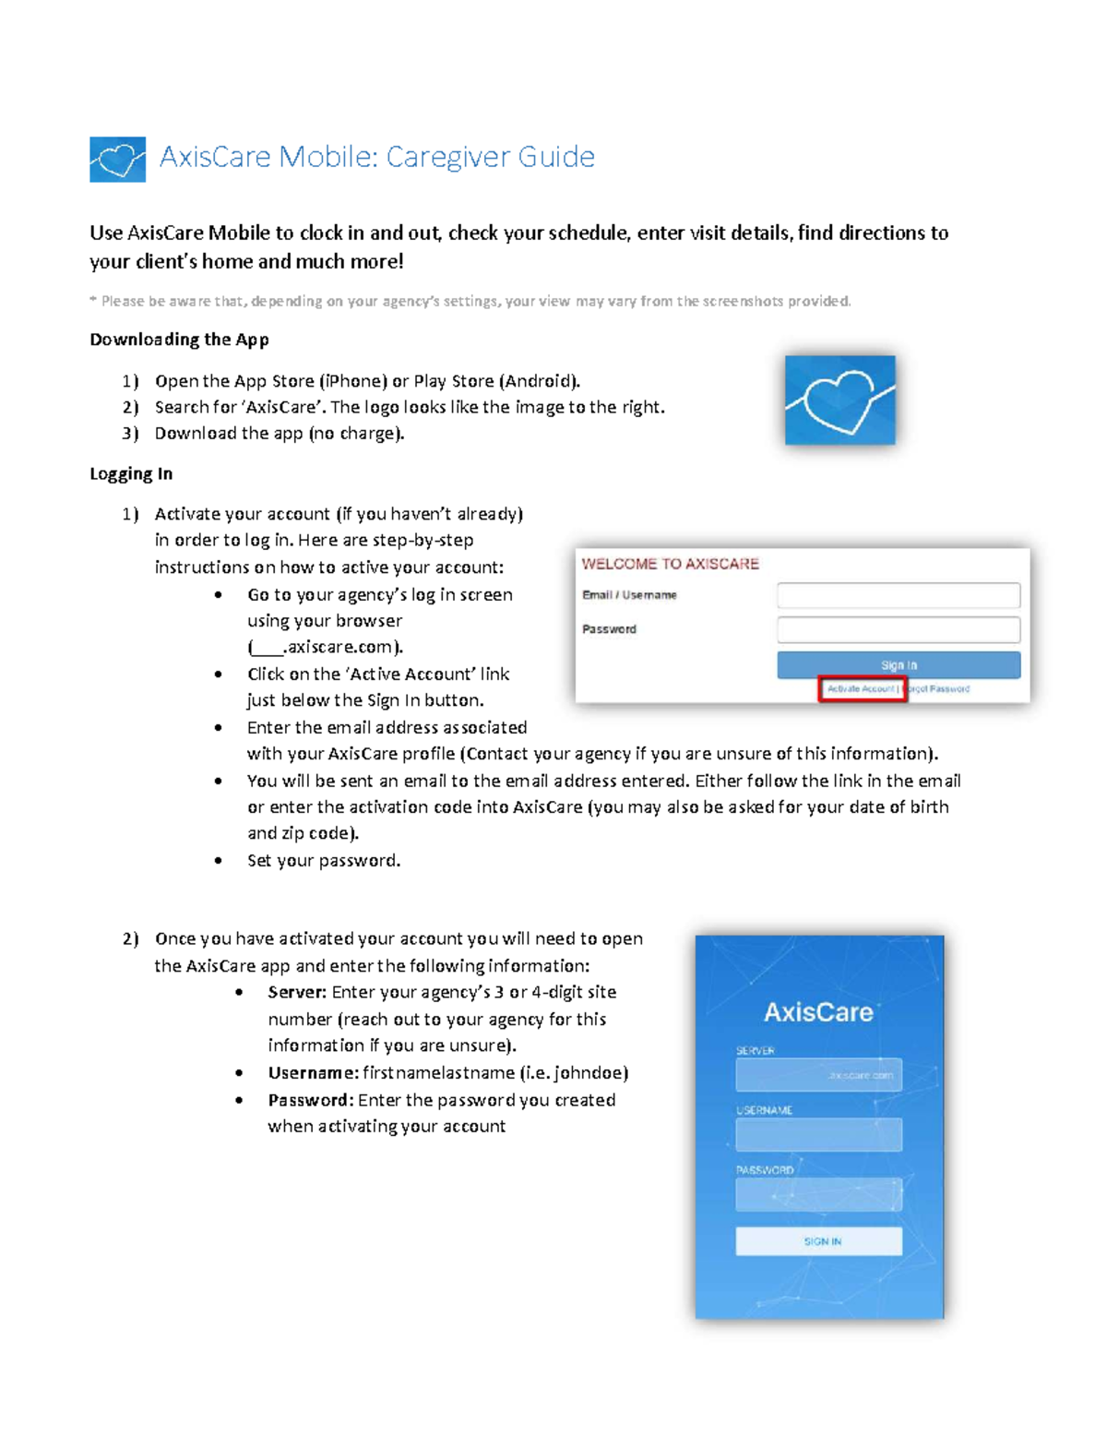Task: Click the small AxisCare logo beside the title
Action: coord(117,160)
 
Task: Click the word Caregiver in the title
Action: coord(447,157)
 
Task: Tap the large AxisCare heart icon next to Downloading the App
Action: coord(839,400)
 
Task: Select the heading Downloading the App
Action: coord(179,340)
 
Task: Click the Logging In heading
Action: coord(131,474)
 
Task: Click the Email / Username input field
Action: coord(898,595)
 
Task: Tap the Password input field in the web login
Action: coord(898,629)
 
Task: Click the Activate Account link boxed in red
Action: coord(862,688)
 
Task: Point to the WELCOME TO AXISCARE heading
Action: coord(670,564)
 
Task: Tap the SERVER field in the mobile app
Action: coord(818,1075)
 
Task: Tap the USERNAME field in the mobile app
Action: coord(818,1134)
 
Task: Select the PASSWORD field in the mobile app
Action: coord(818,1194)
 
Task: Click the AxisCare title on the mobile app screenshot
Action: coord(818,1012)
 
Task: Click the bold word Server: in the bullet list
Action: coord(297,993)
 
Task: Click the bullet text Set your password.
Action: coord(323,861)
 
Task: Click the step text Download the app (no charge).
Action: coord(279,434)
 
